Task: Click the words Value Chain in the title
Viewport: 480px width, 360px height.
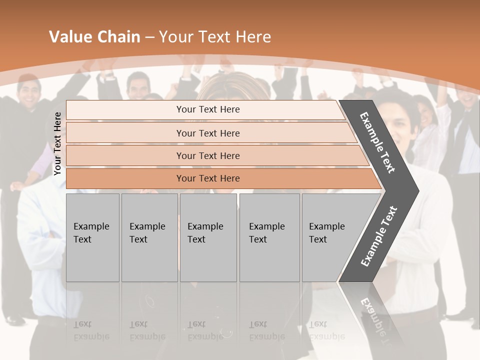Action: point(94,37)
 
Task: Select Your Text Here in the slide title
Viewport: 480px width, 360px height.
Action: point(215,37)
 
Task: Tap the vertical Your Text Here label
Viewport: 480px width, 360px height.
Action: point(57,144)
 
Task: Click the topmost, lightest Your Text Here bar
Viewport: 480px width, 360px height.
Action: point(207,109)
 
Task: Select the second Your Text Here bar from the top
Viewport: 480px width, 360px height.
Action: point(207,133)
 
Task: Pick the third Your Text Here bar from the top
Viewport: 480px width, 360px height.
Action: point(207,155)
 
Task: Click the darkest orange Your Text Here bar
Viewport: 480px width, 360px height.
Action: point(207,178)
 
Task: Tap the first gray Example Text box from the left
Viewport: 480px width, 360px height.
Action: point(92,237)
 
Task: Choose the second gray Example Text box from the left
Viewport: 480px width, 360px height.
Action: point(149,237)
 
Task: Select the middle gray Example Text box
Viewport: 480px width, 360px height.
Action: point(208,237)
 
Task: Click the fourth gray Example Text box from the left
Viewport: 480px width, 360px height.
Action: point(269,237)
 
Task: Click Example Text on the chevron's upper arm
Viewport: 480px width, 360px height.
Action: point(377,142)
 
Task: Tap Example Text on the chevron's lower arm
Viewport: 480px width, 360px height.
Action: point(378,236)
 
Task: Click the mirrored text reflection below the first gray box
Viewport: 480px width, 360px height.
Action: point(91,331)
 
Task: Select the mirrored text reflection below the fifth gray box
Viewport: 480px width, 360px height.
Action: point(326,331)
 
